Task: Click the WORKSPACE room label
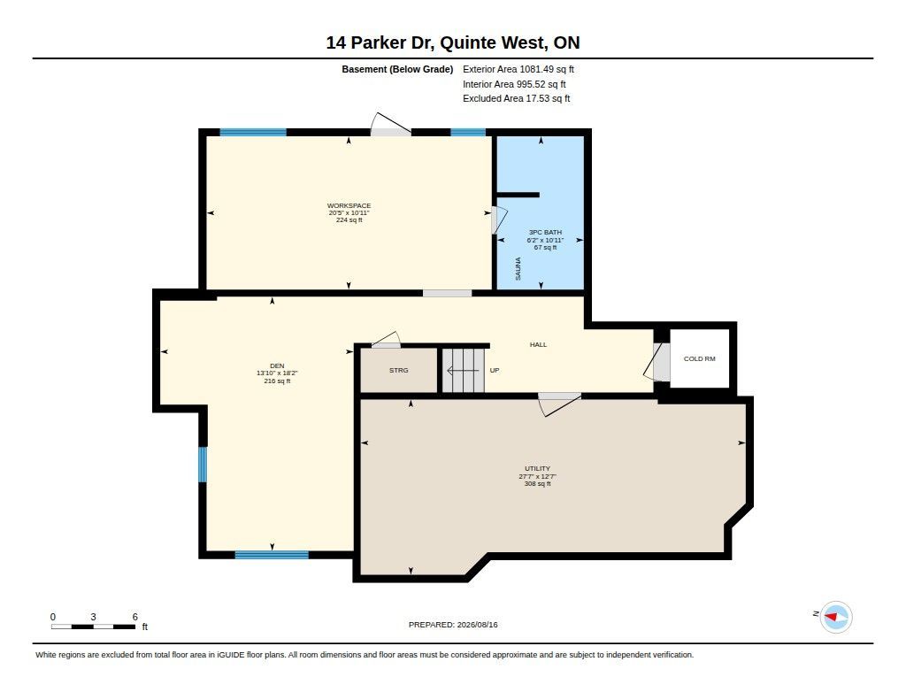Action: pyautogui.click(x=349, y=206)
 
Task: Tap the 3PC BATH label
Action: pyautogui.click(x=545, y=233)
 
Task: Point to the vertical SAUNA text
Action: pyautogui.click(x=518, y=269)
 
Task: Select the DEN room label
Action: pyautogui.click(x=277, y=365)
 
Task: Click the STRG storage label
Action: pyautogui.click(x=399, y=371)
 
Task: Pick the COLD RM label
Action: pyautogui.click(x=699, y=359)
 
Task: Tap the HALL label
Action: pyautogui.click(x=538, y=344)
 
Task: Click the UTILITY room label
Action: pyautogui.click(x=537, y=469)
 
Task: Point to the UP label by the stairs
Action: pyautogui.click(x=495, y=371)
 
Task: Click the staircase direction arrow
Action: pyautogui.click(x=463, y=371)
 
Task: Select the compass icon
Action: pyautogui.click(x=836, y=618)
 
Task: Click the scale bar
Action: pyautogui.click(x=94, y=627)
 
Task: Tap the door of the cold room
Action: pyautogui.click(x=656, y=363)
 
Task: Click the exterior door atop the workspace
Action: pyautogui.click(x=390, y=125)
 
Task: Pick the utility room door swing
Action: pyautogui.click(x=559, y=404)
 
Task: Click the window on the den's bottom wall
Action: pyautogui.click(x=272, y=555)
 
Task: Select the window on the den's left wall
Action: pyautogui.click(x=203, y=465)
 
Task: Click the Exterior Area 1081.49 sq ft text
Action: pyautogui.click(x=518, y=69)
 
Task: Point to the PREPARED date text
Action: pyautogui.click(x=453, y=625)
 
